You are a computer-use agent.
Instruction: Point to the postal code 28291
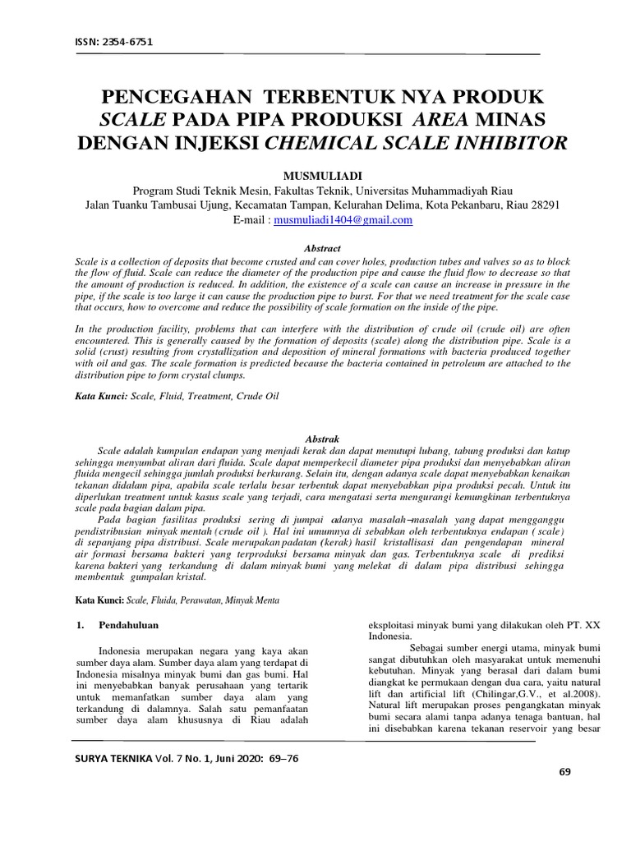pyautogui.click(x=543, y=205)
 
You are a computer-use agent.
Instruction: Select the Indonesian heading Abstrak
pyautogui.click(x=322, y=439)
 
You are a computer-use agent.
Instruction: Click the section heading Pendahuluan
pyautogui.click(x=128, y=625)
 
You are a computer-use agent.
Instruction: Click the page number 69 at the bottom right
pyautogui.click(x=564, y=771)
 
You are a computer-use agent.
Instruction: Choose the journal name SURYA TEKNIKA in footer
pyautogui.click(x=111, y=758)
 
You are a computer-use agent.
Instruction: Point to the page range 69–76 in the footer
pyautogui.click(x=279, y=758)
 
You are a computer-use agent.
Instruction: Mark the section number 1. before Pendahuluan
pyautogui.click(x=80, y=625)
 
